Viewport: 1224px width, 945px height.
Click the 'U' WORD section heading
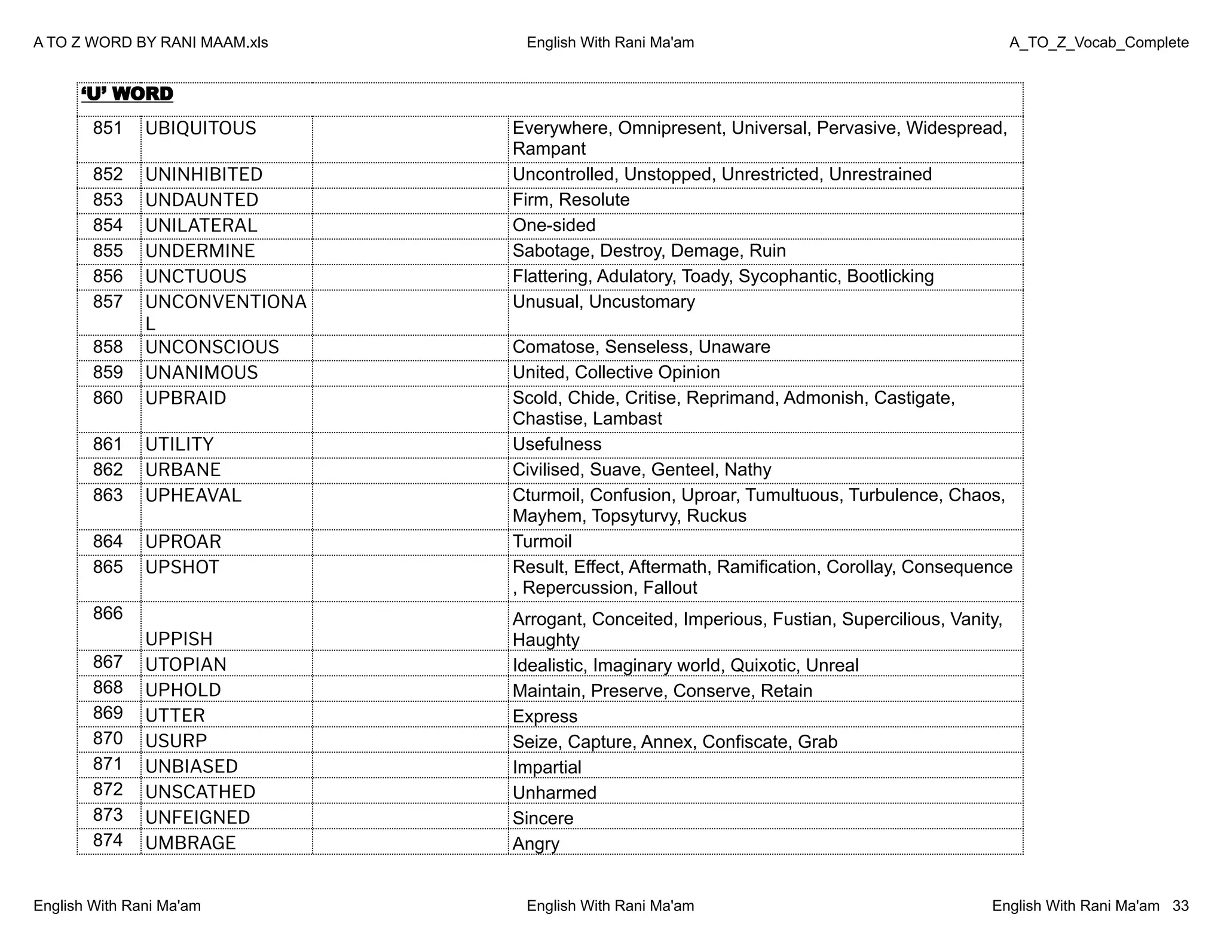pyautogui.click(x=127, y=94)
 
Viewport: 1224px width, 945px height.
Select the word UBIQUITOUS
pyautogui.click(x=201, y=128)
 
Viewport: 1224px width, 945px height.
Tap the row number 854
pyautogui.click(x=108, y=225)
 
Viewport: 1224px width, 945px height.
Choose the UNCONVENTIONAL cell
pyautogui.click(x=225, y=312)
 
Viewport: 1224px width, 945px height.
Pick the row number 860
pyautogui.click(x=108, y=398)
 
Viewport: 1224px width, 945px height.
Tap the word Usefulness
pyautogui.click(x=557, y=444)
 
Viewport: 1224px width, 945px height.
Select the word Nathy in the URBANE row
pyautogui.click(x=748, y=470)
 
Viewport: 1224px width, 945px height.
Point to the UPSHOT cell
pyautogui.click(x=182, y=567)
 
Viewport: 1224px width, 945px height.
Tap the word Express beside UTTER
pyautogui.click(x=545, y=717)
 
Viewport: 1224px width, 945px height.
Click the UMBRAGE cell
pyautogui.click(x=191, y=843)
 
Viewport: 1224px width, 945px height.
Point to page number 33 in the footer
pyautogui.click(x=1180, y=906)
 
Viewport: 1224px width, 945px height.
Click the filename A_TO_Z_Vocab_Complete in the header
pyautogui.click(x=1098, y=43)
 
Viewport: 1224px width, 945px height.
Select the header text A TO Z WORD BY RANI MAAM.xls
pyautogui.click(x=151, y=43)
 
